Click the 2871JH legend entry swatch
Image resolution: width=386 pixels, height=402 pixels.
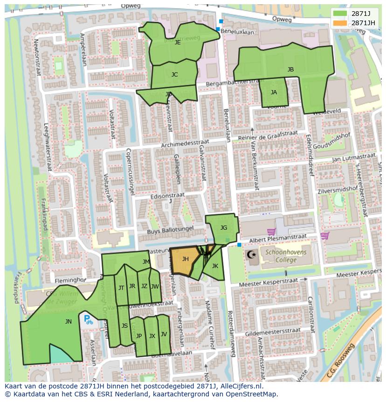pyautogui.click(x=340, y=22)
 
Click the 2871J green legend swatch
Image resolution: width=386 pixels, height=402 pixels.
pyautogui.click(x=340, y=13)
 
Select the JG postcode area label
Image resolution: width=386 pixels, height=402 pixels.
pyautogui.click(x=224, y=228)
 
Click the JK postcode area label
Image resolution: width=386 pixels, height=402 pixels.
pyautogui.click(x=215, y=266)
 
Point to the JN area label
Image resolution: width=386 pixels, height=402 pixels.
pyautogui.click(x=69, y=321)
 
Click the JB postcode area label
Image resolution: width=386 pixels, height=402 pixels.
pyautogui.click(x=290, y=70)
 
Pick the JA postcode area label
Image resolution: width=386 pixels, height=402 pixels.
pyautogui.click(x=274, y=92)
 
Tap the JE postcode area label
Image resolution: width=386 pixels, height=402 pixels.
pyautogui.click(x=177, y=42)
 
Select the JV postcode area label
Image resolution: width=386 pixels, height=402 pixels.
pyautogui.click(x=164, y=334)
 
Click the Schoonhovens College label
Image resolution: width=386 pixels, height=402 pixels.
pyautogui.click(x=281, y=256)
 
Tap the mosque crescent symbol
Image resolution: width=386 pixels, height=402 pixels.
pyautogui.click(x=251, y=254)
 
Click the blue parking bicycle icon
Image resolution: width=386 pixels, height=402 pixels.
pyautogui.click(x=88, y=320)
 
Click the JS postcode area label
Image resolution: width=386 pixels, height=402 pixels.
pyautogui.click(x=124, y=326)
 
